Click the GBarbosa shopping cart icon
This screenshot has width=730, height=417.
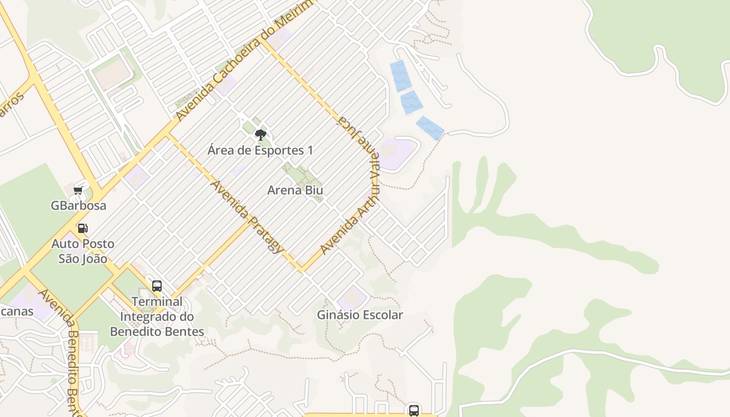click(78, 191)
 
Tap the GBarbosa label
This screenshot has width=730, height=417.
click(78, 205)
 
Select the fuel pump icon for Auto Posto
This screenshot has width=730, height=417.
click(82, 228)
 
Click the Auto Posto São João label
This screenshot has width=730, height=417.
click(83, 251)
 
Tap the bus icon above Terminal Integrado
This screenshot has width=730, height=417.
click(157, 286)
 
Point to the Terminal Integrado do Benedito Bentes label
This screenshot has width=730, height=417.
click(157, 316)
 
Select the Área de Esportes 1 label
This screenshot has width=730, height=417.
click(260, 151)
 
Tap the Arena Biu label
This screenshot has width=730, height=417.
click(295, 190)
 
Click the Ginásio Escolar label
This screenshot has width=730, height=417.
click(360, 315)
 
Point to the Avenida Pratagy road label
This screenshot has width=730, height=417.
click(247, 216)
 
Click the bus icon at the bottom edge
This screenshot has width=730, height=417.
click(414, 410)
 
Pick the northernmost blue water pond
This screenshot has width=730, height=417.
click(400, 76)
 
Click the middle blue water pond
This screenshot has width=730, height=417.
click(411, 102)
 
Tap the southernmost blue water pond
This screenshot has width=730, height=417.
click(430, 128)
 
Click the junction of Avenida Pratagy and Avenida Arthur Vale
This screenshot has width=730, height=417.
click(302, 271)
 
